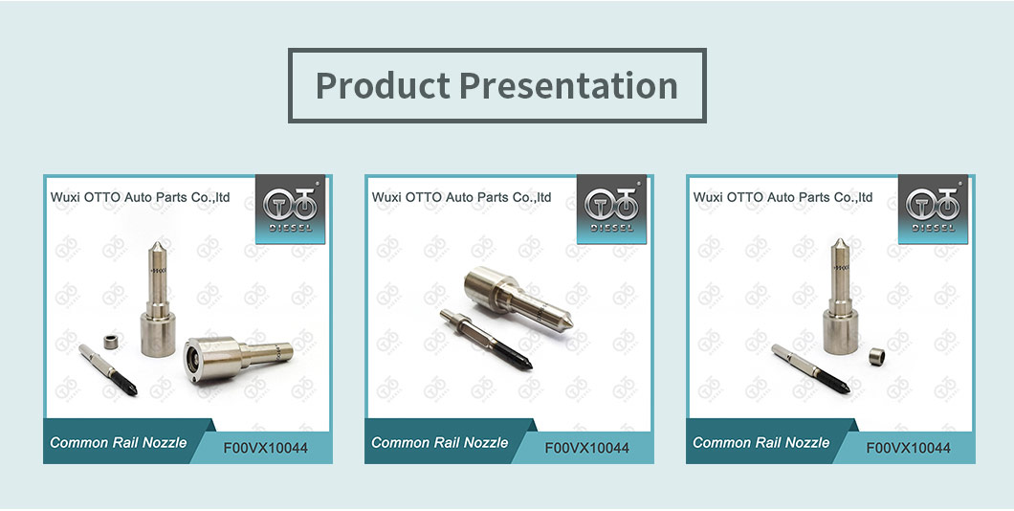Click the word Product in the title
[383, 85]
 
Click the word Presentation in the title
[568, 85]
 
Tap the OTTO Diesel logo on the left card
[291, 209]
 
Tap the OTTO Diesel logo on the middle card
[612, 209]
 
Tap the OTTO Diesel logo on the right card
[933, 209]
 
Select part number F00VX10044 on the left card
[266, 448]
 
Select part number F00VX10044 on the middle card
[587, 448]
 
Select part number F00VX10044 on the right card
[909, 448]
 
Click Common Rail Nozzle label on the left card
[119, 442]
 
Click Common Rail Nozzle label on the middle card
[440, 442]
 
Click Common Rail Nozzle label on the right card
[761, 442]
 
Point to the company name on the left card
[141, 197]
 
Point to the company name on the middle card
[462, 197]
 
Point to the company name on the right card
[783, 197]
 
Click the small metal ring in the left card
[111, 341]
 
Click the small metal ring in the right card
[877, 355]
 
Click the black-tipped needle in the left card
[108, 369]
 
